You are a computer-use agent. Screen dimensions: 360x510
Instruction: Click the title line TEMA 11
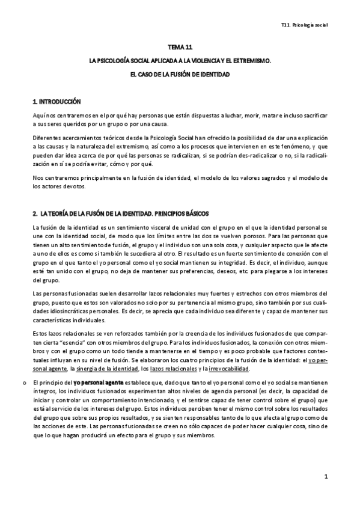tap(180, 46)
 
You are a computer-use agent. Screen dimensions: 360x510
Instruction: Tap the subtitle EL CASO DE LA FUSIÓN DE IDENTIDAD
tap(180, 74)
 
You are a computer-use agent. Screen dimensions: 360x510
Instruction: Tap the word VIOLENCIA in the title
tap(196, 61)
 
